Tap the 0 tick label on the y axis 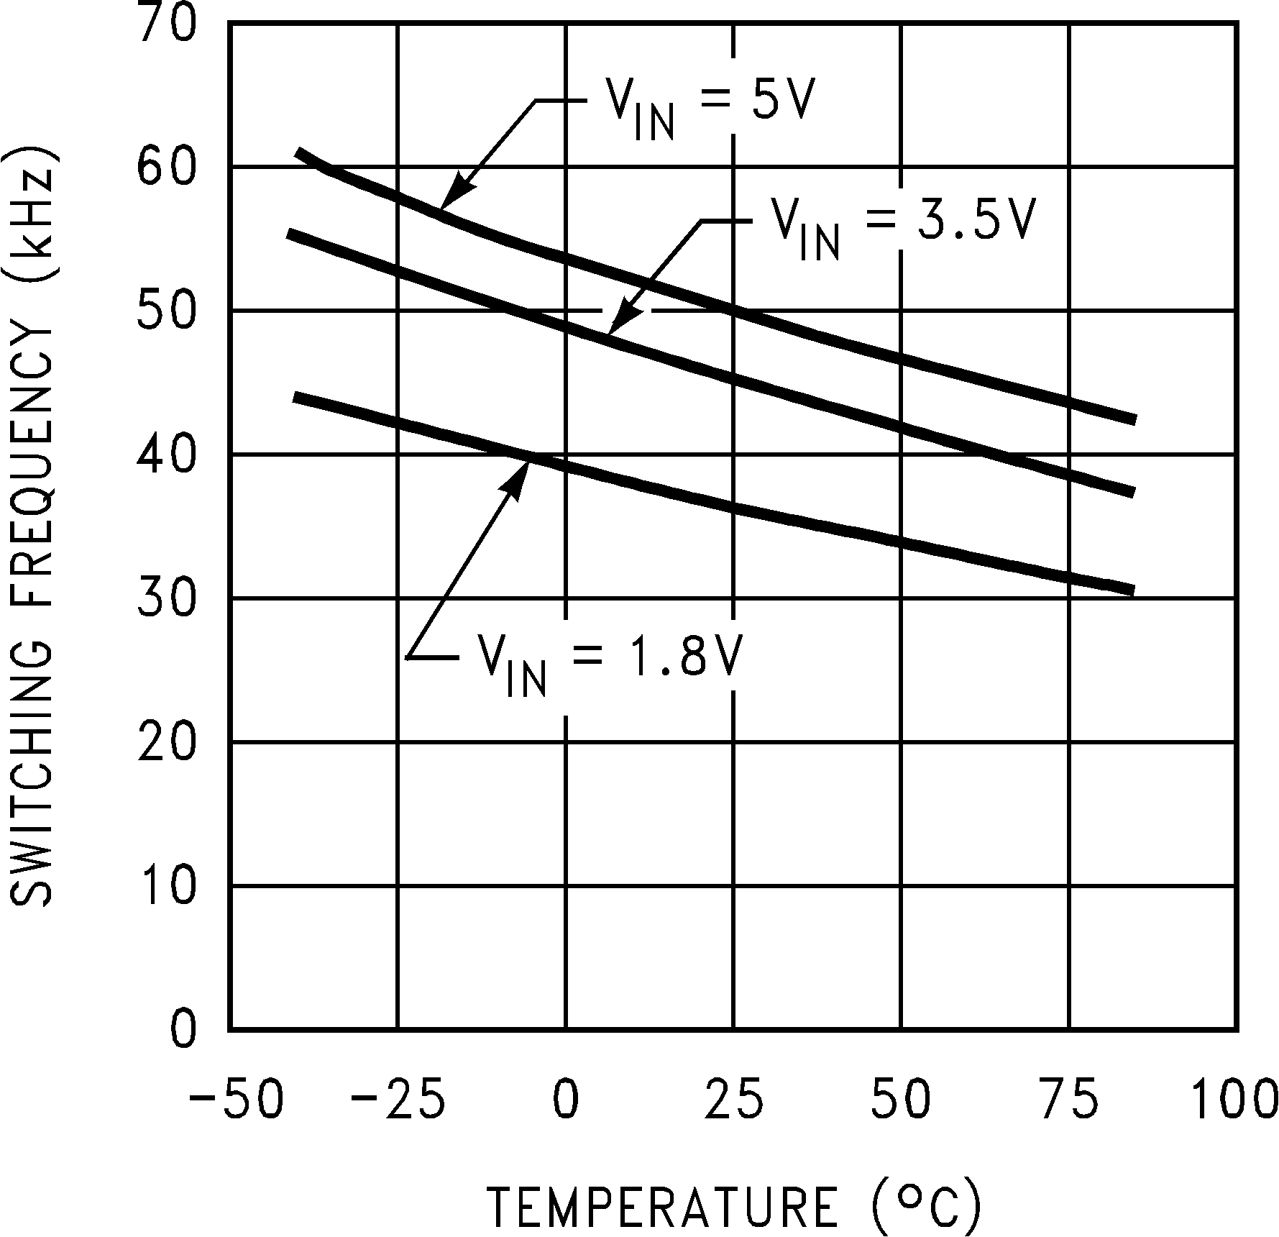(183, 1031)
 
